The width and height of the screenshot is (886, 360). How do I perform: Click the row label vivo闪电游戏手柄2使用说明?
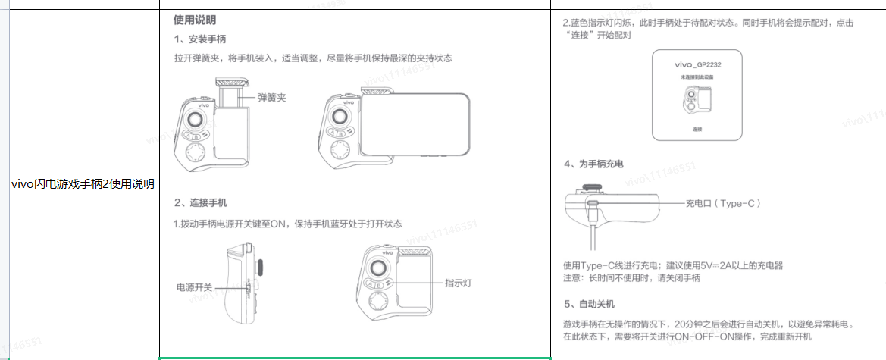84,184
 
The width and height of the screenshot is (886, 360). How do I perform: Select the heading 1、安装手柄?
199,39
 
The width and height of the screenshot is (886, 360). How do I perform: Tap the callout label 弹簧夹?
271,98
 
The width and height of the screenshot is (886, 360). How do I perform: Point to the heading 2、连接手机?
199,203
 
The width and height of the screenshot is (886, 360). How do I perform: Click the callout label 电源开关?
195,288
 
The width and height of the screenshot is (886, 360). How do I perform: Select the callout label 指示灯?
459,283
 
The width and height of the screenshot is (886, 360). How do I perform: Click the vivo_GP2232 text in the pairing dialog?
697,66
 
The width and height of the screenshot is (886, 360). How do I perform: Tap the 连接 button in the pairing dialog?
697,130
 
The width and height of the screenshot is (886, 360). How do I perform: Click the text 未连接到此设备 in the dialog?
697,79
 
